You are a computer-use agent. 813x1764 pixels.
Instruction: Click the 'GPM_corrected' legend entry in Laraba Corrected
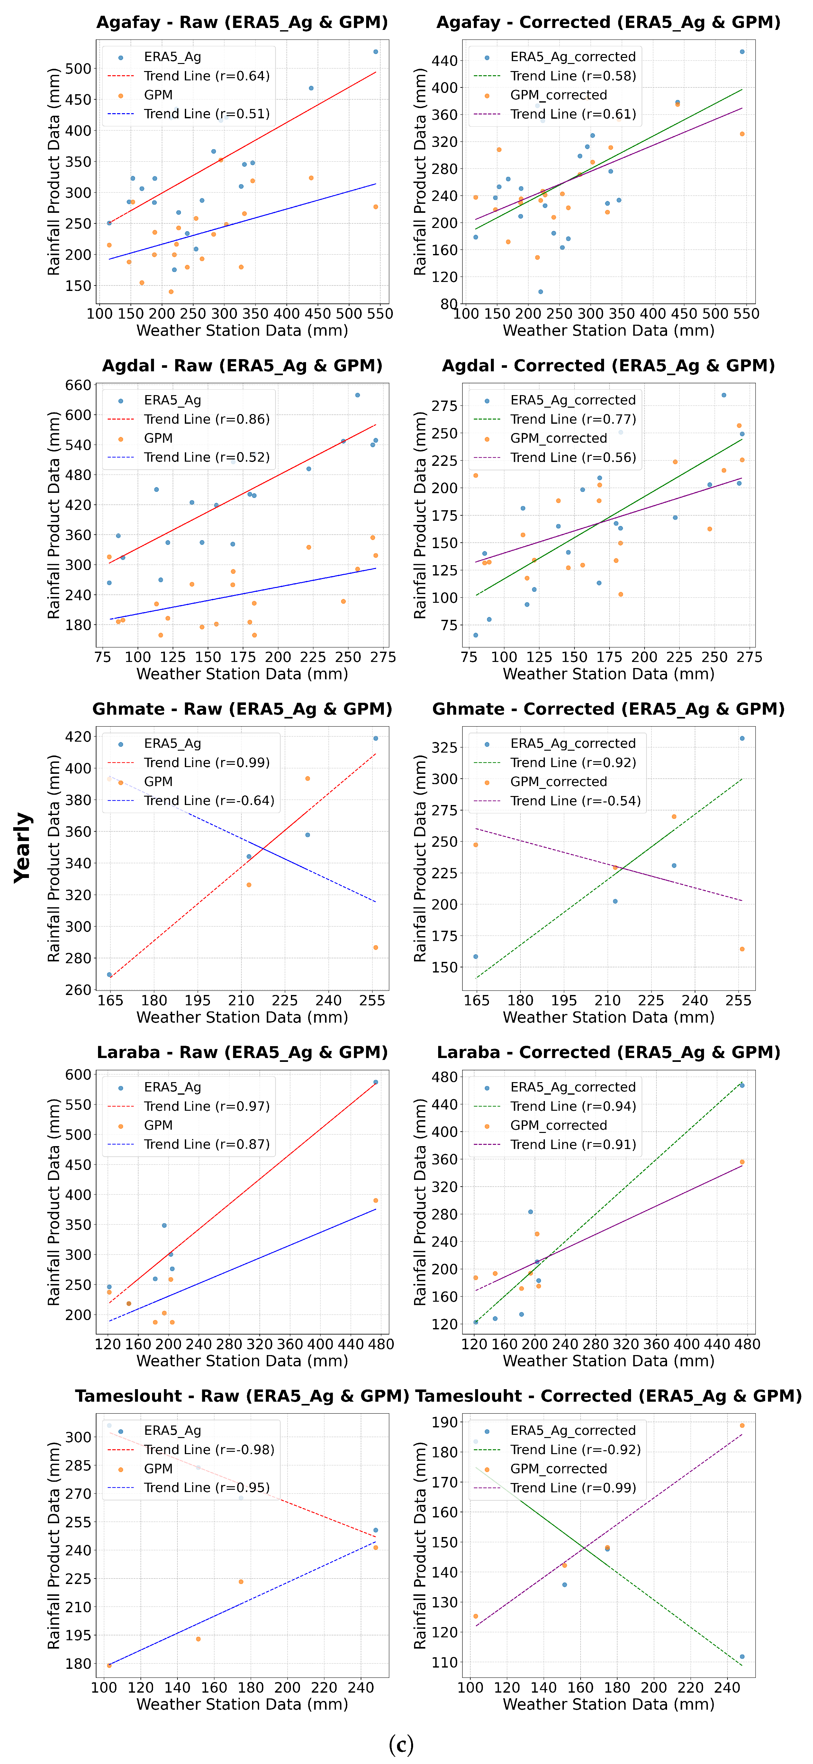(558, 1125)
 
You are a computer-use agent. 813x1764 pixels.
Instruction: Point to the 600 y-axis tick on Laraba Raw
(78, 1074)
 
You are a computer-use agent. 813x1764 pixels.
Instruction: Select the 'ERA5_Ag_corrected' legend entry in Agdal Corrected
(573, 400)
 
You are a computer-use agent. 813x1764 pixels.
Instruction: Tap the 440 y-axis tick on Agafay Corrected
(445, 60)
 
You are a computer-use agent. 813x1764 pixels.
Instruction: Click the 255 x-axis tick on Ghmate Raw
(372, 1000)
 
